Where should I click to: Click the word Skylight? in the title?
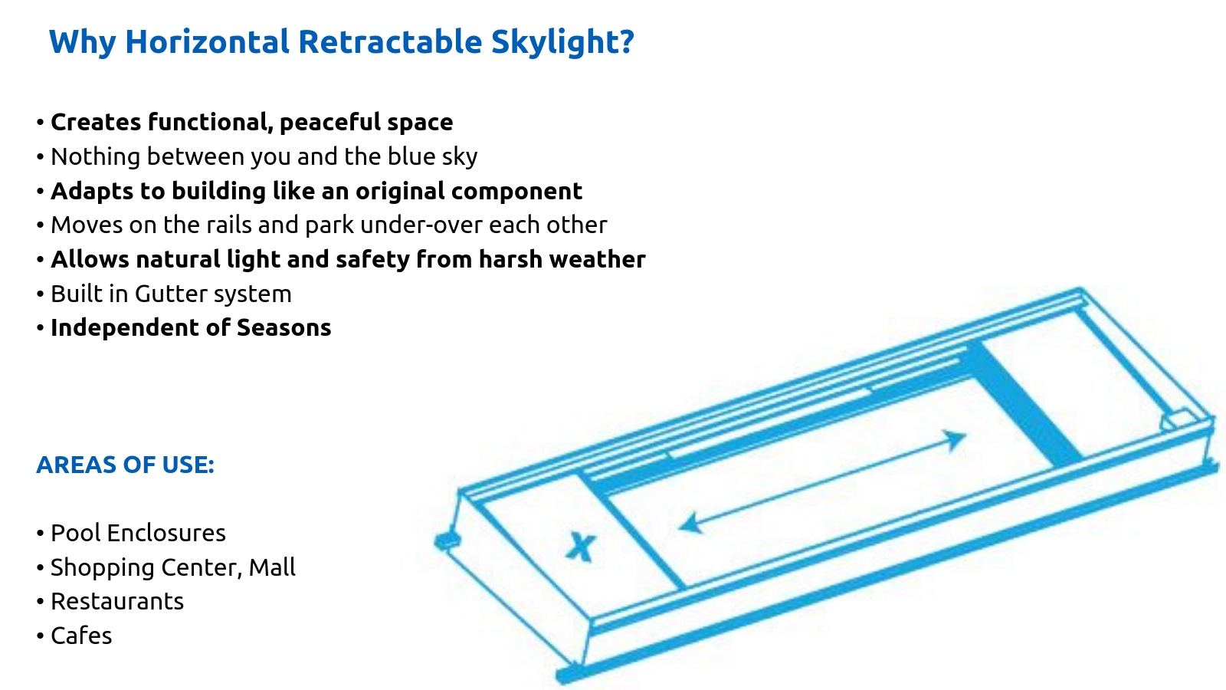coord(562,43)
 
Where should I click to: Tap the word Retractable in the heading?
coord(390,41)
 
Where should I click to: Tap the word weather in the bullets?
coord(597,260)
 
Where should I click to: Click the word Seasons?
coord(284,328)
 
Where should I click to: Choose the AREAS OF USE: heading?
coord(126,465)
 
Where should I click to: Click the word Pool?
coord(76,534)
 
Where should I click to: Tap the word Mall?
coord(272,567)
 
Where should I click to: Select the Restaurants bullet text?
coord(117,602)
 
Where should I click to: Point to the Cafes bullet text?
coord(81,636)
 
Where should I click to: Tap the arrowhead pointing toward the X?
coord(690,524)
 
